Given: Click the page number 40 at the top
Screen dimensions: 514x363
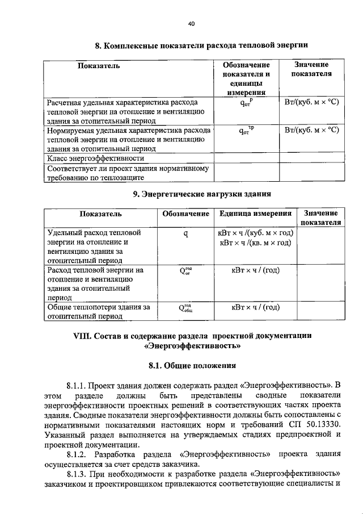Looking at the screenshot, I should pos(191,23).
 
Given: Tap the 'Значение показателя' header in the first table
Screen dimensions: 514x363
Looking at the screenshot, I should pos(311,70).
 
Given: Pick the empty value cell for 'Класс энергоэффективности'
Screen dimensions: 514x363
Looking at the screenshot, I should pos(311,158).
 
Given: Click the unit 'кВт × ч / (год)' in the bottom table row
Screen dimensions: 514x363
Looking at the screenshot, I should pos(255,308).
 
